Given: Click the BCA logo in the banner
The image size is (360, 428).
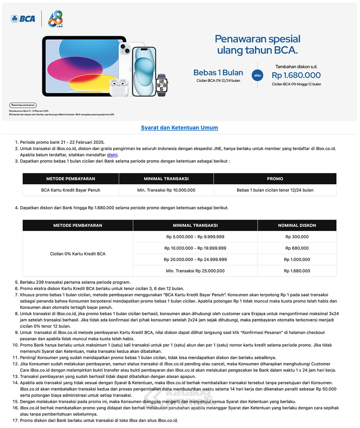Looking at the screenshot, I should coord(23,19).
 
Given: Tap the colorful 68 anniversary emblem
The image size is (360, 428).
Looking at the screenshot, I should coord(55,19).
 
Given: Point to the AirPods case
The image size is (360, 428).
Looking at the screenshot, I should coord(119,87).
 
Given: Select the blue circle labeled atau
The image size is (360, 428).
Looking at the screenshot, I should coord(257,75).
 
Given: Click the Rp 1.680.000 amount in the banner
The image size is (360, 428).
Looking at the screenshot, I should coord(296,75).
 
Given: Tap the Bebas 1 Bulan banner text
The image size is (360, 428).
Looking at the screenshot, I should coord(218,73).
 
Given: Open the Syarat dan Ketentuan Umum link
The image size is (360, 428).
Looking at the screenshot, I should coord(179,128).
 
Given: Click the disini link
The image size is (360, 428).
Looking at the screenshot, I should coord(112,155).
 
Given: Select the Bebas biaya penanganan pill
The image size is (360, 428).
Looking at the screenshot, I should coord(23,105).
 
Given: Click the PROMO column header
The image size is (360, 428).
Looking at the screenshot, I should coord(275,179).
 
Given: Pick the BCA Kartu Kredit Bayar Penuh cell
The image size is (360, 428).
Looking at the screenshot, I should coord(71,190).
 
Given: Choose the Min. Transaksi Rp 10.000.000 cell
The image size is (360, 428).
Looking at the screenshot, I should coord(166,190).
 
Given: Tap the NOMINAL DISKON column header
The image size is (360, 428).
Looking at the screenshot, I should coord(297,226).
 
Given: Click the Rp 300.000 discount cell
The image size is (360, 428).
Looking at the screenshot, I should coord(297,237).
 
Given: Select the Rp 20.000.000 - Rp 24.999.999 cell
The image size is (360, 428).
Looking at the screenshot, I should coord(195,260).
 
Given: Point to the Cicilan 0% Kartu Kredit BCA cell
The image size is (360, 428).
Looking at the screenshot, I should coord(78,254).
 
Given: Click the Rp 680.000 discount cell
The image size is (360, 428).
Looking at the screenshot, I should coord(297,248).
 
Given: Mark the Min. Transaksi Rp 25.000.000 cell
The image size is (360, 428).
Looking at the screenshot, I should coord(195,271).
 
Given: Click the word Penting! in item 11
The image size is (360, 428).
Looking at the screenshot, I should coord(28,358).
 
